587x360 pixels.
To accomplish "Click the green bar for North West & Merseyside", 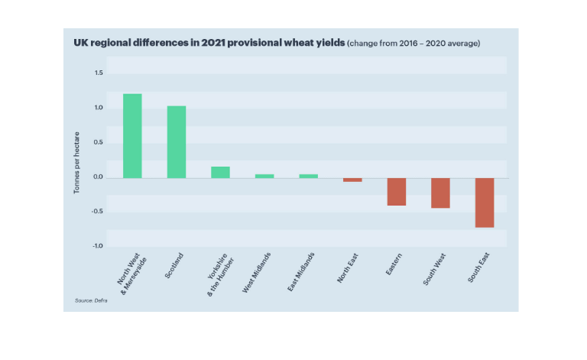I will (132, 136).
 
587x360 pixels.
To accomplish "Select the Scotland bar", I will (177, 142).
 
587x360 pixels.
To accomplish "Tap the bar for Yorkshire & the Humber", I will (220, 172).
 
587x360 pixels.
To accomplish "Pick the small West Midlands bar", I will (264, 176).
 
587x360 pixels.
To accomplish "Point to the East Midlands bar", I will (309, 176).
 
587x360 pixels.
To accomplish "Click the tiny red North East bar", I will (352, 180).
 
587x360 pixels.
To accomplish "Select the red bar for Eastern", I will (396, 192).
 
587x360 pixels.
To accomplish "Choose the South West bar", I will (440, 193).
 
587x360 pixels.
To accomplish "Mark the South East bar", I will (485, 203).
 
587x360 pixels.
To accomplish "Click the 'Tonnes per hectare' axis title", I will (77, 159).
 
